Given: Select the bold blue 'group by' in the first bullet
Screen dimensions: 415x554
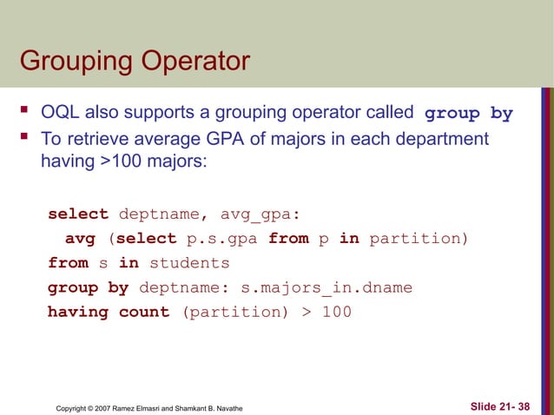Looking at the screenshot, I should point(468,114).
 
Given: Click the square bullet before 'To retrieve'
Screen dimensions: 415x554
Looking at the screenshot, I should point(25,139).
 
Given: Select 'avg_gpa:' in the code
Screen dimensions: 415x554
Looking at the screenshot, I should point(260,214).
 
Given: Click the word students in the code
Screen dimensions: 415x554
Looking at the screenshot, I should point(189,263).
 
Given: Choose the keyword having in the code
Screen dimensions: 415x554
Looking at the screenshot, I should point(78,312).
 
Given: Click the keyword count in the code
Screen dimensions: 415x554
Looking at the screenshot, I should point(144,312).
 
